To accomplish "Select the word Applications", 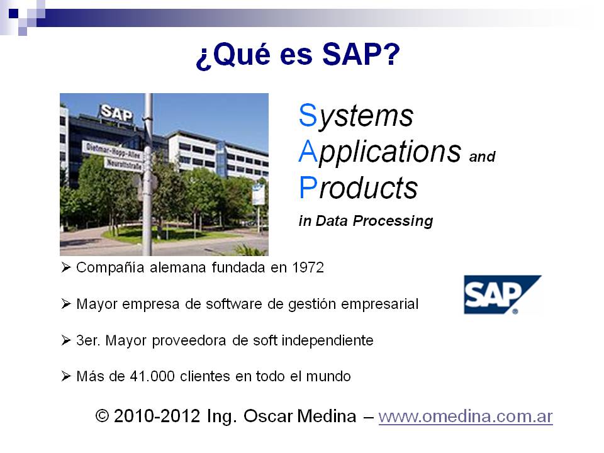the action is tap(380, 152).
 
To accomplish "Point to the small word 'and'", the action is tap(483, 157).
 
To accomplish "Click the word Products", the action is tap(358, 187).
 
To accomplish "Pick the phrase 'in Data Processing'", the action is tap(366, 221).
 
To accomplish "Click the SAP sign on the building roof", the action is tap(117, 113).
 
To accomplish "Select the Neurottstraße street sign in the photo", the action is tap(123, 164).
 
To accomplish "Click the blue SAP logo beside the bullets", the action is tap(502, 294).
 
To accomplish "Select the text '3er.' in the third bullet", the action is tap(88, 340).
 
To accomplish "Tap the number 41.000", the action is tap(152, 376).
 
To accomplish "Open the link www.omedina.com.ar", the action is tap(466, 417).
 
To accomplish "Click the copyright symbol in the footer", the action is tap(102, 416).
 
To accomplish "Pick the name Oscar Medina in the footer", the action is tap(299, 416).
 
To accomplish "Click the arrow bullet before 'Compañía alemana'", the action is tap(66, 267).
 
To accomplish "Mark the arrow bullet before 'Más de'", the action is tap(66, 376).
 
